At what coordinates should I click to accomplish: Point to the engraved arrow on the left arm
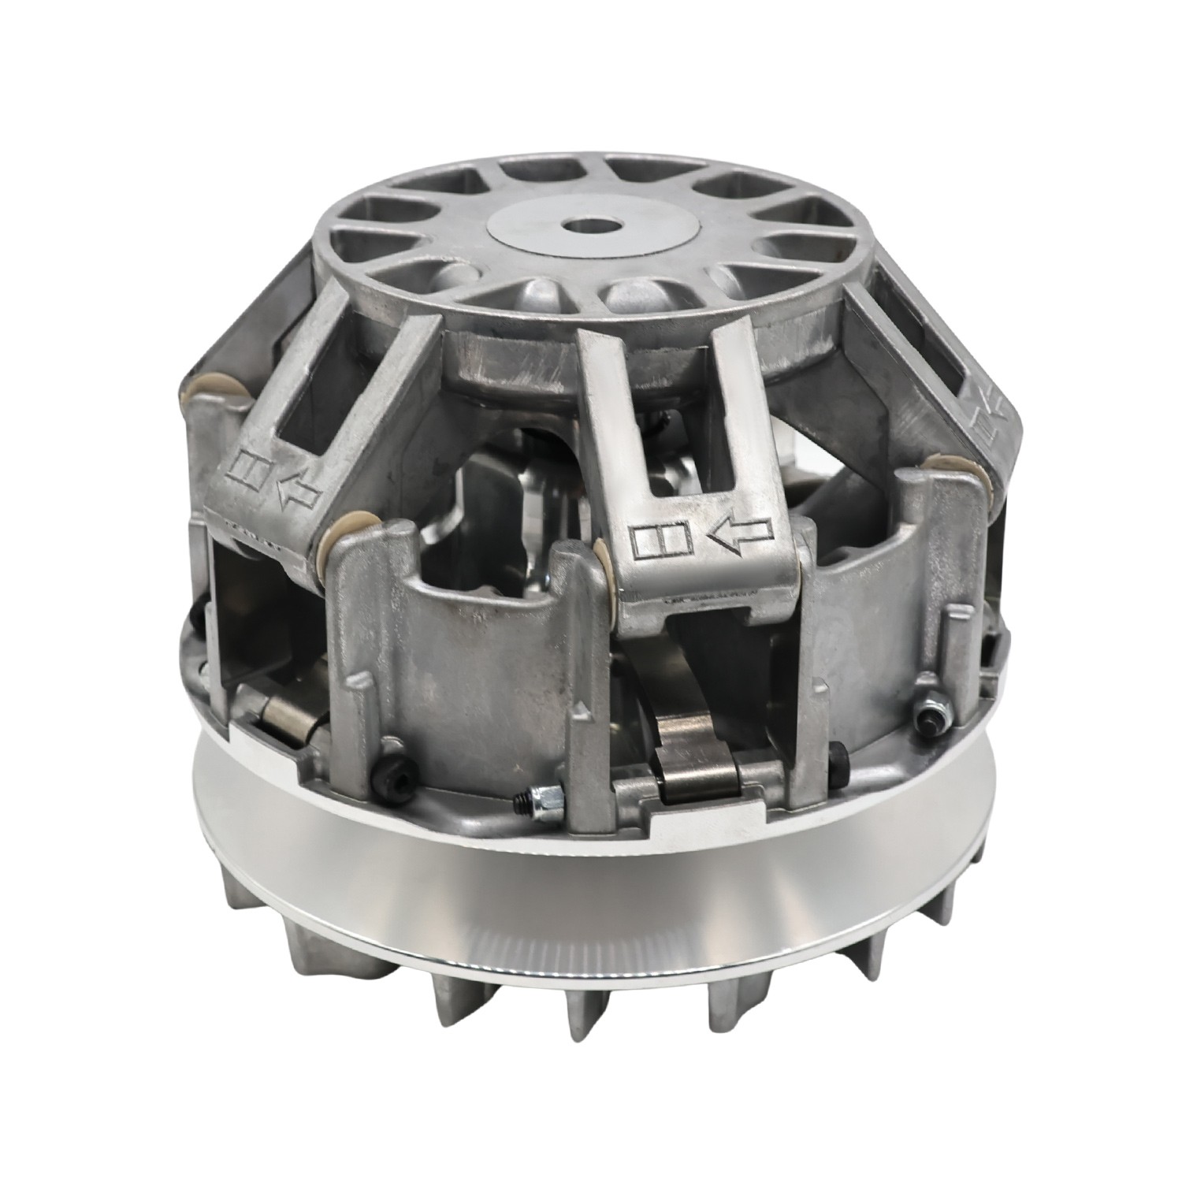(x=297, y=493)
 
